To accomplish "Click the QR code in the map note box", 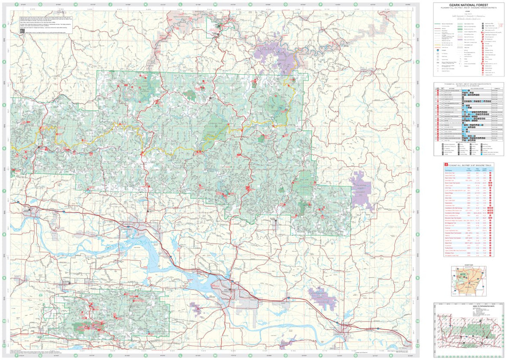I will click(21, 32).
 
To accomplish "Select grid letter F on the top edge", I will click(16, 4).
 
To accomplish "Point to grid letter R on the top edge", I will click(391, 4).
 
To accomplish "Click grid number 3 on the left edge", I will click(4, 26).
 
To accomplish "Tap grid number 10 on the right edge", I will click(417, 321).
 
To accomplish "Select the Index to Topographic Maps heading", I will click(469, 304).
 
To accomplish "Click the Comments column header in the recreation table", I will click(496, 87).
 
